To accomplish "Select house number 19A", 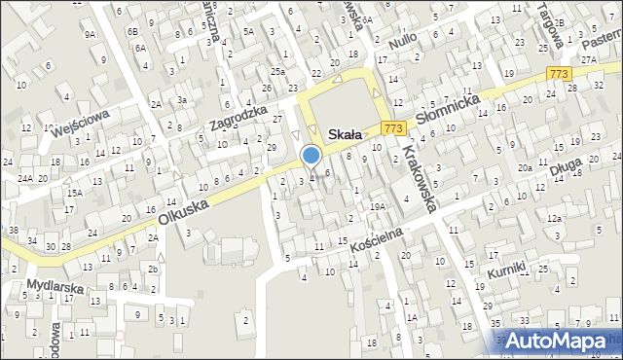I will pos(378,206).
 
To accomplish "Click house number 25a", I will pos(278,71).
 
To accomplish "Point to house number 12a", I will pos(554,220).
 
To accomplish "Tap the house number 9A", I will pos(90,33).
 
